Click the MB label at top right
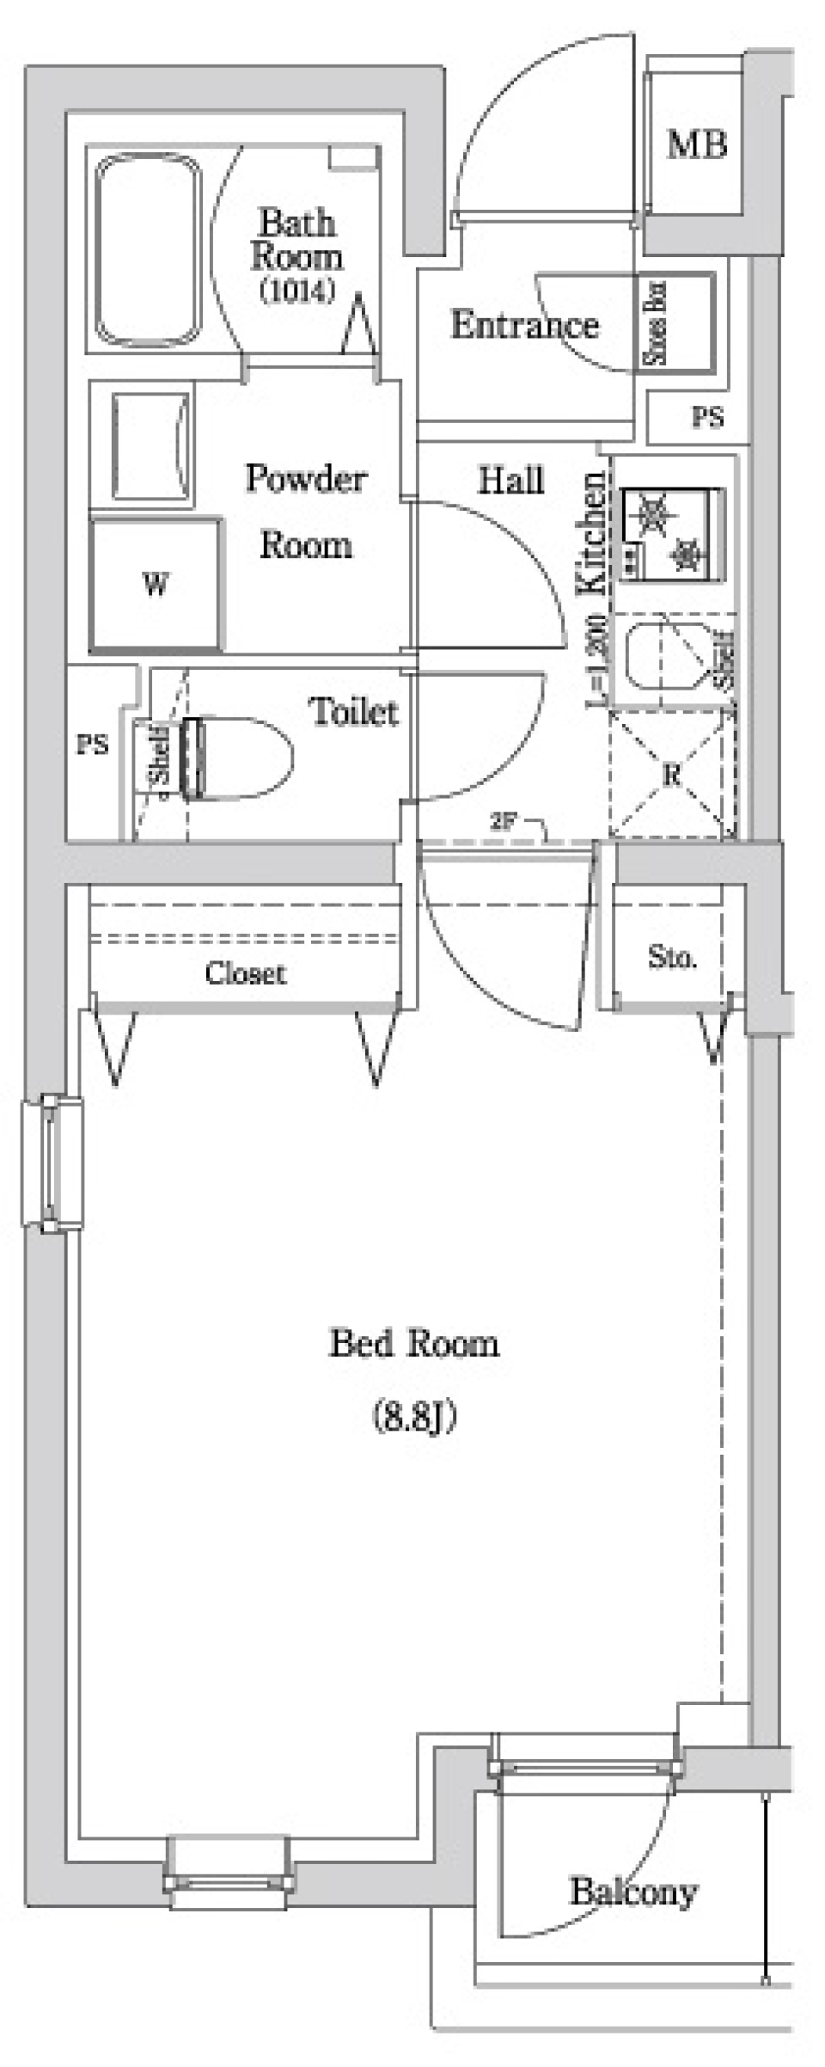(697, 144)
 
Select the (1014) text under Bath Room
(296, 291)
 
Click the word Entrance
(524, 325)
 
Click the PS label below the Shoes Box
(707, 418)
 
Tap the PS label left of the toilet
(92, 744)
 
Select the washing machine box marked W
(156, 585)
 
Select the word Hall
(510, 480)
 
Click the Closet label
(245, 973)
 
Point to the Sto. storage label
(672, 957)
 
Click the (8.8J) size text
(414, 1416)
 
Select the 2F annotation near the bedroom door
(502, 820)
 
